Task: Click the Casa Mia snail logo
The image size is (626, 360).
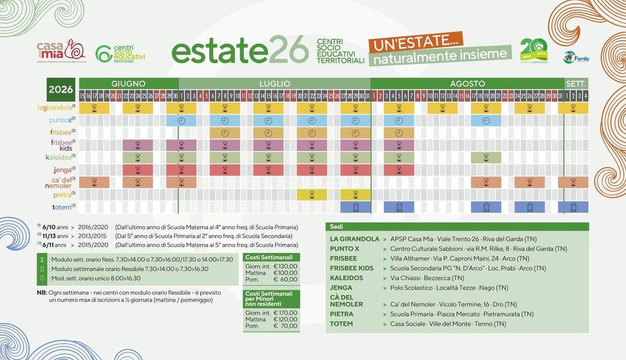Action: (60, 52)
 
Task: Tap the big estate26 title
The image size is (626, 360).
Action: (240, 50)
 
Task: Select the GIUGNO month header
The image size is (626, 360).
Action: (128, 83)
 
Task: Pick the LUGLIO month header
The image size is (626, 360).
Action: (274, 83)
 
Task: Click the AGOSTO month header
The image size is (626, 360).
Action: (467, 83)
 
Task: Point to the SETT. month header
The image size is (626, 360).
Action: (576, 83)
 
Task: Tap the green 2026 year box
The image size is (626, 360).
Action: (61, 89)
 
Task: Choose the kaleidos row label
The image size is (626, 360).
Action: (61, 158)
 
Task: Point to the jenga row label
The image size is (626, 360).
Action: (63, 170)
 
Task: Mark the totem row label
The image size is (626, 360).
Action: (62, 207)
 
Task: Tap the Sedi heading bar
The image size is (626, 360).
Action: (456, 227)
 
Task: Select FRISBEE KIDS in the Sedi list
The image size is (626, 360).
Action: (352, 268)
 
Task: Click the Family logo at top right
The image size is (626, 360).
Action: (576, 57)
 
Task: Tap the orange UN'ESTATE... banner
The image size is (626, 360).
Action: (408, 42)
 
